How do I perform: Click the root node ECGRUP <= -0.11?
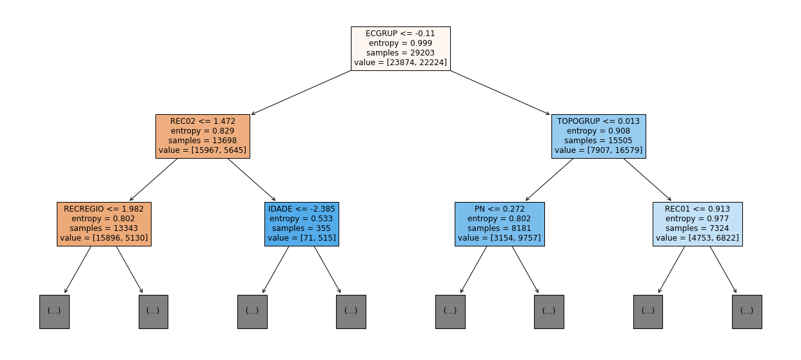click(x=400, y=48)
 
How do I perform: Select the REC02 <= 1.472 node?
click(x=203, y=136)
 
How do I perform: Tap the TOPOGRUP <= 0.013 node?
click(x=598, y=136)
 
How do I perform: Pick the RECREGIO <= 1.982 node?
click(x=104, y=224)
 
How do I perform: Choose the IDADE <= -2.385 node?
click(x=302, y=224)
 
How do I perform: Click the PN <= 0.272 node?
click(x=500, y=224)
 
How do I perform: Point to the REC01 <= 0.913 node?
click(x=698, y=224)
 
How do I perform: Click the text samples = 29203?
click(x=400, y=53)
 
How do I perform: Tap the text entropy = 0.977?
click(x=697, y=219)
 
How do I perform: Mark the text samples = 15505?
click(x=598, y=141)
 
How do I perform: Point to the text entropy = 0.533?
click(x=301, y=219)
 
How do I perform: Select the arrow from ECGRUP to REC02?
click(x=301, y=93)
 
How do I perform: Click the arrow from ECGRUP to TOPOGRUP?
click(x=500, y=93)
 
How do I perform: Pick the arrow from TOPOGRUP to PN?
click(x=549, y=179)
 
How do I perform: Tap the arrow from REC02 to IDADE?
click(x=252, y=179)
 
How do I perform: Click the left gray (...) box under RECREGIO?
click(x=54, y=312)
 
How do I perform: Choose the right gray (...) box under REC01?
click(x=747, y=312)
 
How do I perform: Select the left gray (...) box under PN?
click(x=450, y=312)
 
